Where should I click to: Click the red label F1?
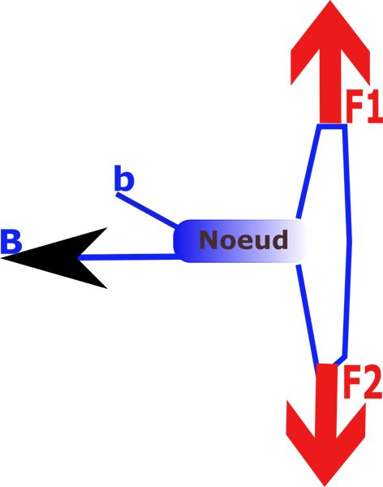pos(364,106)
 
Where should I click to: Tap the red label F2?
pos(363,381)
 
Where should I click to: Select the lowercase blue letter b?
pos(124,178)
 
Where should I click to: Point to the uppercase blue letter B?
pos(11,241)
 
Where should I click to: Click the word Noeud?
pos(243,239)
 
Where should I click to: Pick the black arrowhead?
pos(54,258)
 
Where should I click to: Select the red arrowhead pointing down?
pos(325,444)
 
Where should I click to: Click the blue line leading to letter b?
pos(147,209)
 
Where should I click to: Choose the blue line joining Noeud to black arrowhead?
pos(128,257)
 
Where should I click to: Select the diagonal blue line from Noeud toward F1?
pos(308,172)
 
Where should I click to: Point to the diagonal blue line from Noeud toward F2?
pos(308,314)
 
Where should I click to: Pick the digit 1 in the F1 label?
pos(374,106)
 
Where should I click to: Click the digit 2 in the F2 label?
pos(371,381)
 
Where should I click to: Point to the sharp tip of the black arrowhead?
pos(2,257)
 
